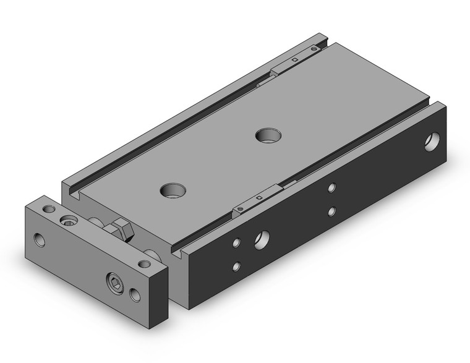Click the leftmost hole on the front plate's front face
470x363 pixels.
click(x=40, y=239)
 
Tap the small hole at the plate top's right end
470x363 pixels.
click(x=145, y=264)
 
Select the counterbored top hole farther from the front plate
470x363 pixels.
click(x=268, y=134)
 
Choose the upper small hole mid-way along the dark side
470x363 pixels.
click(x=332, y=187)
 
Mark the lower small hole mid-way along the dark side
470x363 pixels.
click(x=332, y=211)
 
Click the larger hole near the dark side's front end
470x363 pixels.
click(x=262, y=237)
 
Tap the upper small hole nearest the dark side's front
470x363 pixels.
click(x=236, y=244)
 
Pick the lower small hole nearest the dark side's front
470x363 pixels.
click(x=236, y=267)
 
